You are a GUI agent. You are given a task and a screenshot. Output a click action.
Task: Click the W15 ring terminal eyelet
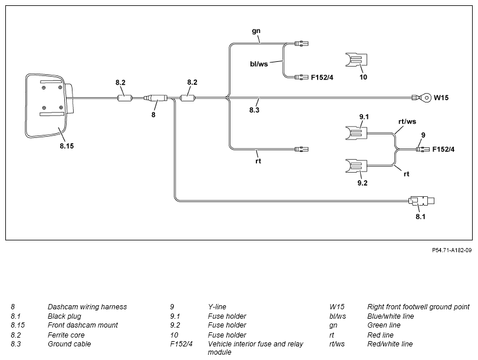[422, 98]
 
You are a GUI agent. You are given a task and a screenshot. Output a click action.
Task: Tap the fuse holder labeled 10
[356, 60]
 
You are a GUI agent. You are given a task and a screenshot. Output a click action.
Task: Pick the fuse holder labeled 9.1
[356, 133]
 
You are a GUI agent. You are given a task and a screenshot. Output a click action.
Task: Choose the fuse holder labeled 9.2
[356, 166]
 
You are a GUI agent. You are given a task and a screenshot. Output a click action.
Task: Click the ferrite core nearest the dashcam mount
[125, 98]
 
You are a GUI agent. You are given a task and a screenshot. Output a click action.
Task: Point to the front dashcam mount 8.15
[49, 106]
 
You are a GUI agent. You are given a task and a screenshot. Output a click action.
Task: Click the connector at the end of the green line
[302, 43]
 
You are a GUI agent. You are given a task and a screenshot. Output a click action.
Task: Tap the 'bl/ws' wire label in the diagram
[259, 64]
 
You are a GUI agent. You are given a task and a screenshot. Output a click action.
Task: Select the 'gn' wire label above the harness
[256, 31]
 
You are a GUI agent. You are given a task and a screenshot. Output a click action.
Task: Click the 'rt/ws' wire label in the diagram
[407, 121]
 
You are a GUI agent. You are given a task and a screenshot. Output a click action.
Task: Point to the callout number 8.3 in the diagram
[254, 110]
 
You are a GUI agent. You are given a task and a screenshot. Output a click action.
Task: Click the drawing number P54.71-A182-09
[452, 250]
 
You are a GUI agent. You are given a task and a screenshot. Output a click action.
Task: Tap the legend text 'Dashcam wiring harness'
[87, 306]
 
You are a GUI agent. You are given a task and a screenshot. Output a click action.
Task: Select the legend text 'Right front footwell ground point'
[418, 306]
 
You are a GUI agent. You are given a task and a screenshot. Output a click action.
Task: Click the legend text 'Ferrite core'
[66, 335]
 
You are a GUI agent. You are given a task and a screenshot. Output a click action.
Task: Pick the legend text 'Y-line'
[217, 306]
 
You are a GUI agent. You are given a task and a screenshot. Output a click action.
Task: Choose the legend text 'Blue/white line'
[391, 316]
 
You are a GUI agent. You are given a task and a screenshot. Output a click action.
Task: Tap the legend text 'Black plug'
[65, 316]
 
